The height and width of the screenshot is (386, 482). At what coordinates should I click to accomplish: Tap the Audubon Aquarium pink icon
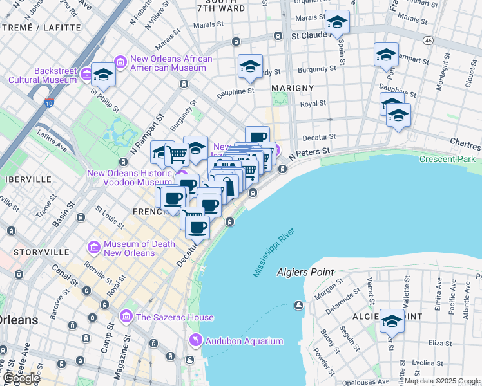click(x=194, y=340)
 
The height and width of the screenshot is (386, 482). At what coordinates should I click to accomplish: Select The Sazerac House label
click(x=166, y=317)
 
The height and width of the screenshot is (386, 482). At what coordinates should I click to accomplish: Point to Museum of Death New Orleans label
click(x=130, y=248)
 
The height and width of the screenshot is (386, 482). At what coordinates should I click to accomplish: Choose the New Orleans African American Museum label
click(x=171, y=63)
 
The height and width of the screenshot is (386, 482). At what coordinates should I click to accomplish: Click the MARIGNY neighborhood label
click(x=293, y=87)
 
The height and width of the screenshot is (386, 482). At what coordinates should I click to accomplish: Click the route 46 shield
click(x=427, y=40)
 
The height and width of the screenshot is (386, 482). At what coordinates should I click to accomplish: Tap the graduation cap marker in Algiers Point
click(x=392, y=320)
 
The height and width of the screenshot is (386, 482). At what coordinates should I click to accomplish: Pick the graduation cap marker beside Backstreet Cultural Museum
click(x=102, y=75)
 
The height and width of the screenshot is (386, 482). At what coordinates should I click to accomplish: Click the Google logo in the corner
click(x=21, y=378)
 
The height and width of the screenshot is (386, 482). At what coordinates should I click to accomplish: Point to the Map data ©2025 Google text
click(x=442, y=381)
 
